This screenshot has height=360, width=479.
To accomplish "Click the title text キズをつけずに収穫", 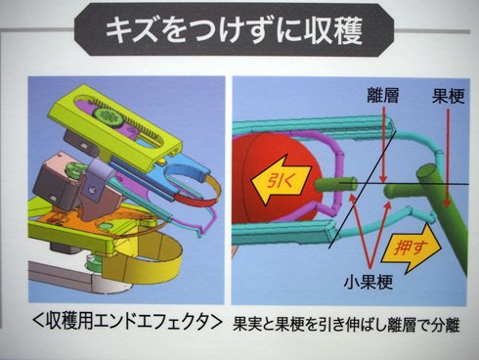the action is pos(234,30).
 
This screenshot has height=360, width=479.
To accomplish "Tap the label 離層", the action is pos(382,96).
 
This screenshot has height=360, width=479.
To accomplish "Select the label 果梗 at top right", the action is pos(448,96).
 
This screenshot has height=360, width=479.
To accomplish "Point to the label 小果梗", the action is pos(369,281).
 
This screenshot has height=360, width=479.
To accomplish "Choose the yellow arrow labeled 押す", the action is pos(413,248).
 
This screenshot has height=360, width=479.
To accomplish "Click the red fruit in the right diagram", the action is pos(277,178).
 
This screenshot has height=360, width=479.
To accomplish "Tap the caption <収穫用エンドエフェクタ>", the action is pos(125,322).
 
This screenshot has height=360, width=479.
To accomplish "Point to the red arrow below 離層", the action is pos(383,145).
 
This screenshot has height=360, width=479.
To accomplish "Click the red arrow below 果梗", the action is pos(448,158).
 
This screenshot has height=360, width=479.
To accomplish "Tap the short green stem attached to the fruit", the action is pos(336,185).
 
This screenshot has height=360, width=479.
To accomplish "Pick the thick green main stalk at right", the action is pos(442,208).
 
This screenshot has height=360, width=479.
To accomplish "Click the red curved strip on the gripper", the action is pos(194,200).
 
